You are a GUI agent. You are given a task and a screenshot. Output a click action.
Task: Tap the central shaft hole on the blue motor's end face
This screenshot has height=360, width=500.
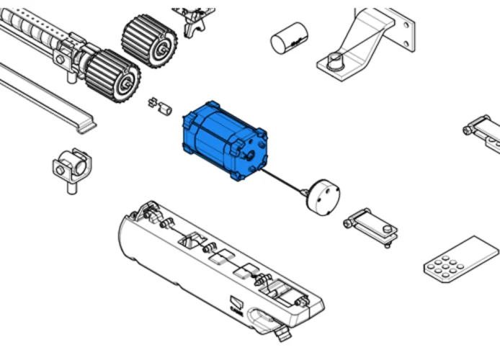pos(249,153)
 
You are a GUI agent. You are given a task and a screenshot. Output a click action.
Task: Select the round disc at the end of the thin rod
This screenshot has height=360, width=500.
pos(321,197)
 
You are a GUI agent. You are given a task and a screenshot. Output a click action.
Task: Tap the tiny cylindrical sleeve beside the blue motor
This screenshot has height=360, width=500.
pos(166,109)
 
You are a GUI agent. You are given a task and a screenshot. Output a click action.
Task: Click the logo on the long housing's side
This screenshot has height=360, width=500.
pos(237,305)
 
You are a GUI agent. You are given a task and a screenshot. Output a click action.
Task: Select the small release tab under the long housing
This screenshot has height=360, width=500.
pos(280,330)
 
